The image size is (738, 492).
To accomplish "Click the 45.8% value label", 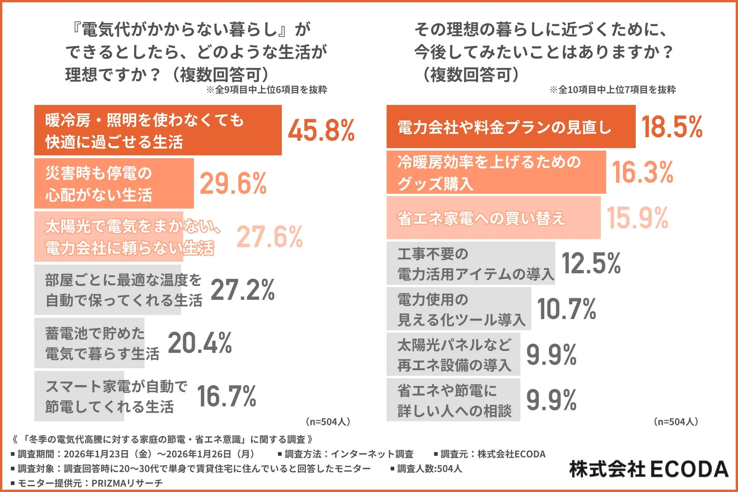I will click(x=321, y=131).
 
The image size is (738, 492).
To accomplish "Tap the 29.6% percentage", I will click(x=233, y=184).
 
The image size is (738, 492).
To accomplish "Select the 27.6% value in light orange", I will click(x=269, y=237).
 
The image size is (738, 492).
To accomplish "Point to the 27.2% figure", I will click(x=243, y=290).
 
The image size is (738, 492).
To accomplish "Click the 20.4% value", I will click(x=200, y=343).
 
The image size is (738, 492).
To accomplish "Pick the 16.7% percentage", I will click(x=226, y=396).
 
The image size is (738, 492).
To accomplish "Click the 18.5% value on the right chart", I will click(x=672, y=127).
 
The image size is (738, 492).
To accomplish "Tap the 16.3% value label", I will click(x=642, y=172).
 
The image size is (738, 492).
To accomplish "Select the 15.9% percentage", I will click(x=637, y=218).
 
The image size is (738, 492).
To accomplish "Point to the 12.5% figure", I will click(x=591, y=263).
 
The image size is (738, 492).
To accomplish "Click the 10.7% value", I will click(x=567, y=309).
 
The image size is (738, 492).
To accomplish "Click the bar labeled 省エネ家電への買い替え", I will click(x=493, y=218).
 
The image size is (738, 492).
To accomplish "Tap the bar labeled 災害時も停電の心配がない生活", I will click(x=114, y=184).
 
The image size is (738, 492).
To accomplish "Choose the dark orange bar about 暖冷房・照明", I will click(x=158, y=131).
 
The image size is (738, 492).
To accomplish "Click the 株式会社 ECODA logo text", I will click(x=648, y=469).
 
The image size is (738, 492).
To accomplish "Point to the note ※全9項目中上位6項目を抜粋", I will click(x=266, y=90).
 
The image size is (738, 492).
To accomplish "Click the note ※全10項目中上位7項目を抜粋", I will click(x=612, y=90).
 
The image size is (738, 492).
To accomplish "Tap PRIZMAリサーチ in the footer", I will click(x=127, y=483).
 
